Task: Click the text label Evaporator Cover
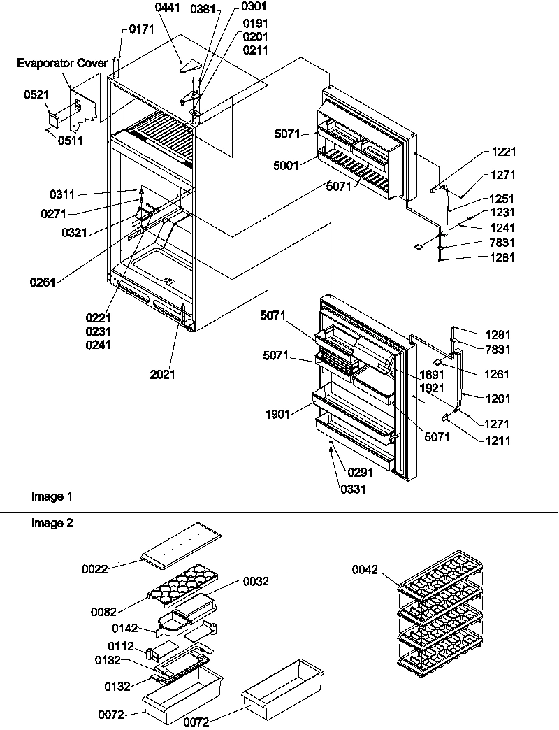click(x=63, y=63)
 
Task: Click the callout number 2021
click(x=162, y=375)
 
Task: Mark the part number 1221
click(x=502, y=152)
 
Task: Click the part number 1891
click(x=433, y=374)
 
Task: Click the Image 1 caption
click(x=51, y=496)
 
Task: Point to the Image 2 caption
click(x=51, y=522)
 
